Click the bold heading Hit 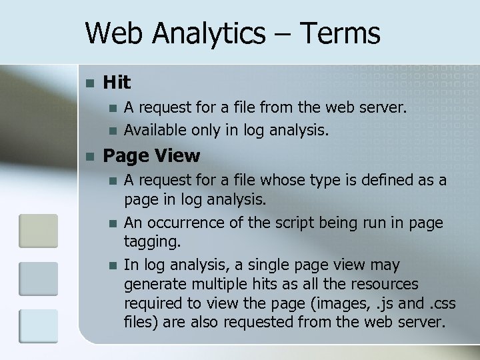coord(117,82)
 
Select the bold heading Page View coord(151,156)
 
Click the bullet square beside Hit coord(91,83)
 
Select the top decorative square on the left coord(38,231)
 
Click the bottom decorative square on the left coord(38,327)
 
